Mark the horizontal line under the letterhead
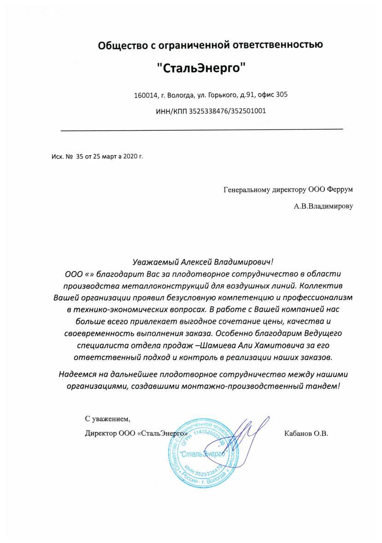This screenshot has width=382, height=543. point(202,130)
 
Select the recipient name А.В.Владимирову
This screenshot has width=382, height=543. point(323,206)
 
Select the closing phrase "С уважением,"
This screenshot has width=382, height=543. point(107,419)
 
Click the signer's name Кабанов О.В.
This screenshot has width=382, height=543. point(306,434)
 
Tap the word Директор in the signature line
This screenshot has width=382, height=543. point(100,434)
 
